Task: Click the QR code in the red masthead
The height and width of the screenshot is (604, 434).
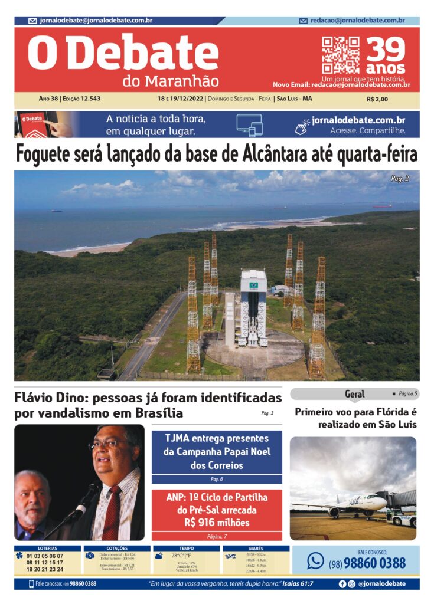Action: click(340, 55)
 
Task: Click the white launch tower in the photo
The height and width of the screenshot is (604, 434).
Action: click(253, 307)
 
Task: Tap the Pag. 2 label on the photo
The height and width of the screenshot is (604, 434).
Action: click(400, 178)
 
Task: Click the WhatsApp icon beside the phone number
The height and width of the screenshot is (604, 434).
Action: click(315, 560)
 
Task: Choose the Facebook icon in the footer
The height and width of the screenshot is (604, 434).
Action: click(342, 584)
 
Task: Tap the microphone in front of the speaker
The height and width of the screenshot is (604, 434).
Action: click(89, 495)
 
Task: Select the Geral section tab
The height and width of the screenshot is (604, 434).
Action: click(354, 393)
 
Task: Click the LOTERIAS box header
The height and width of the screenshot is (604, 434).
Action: click(47, 548)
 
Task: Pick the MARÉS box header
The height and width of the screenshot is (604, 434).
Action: click(256, 548)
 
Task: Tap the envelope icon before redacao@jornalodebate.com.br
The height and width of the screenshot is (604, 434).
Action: click(304, 21)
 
